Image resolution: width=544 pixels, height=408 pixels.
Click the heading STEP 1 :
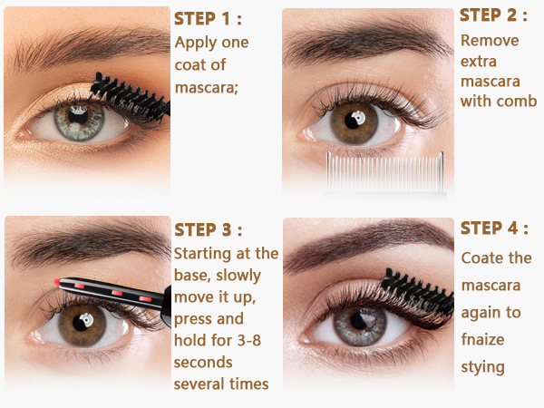tap(208, 19)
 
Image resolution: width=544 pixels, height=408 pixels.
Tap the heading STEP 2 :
tap(493, 15)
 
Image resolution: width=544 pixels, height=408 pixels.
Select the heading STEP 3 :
tap(209, 229)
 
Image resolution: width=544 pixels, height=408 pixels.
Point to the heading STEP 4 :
tap(494, 228)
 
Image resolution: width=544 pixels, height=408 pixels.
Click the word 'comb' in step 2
tap(517, 101)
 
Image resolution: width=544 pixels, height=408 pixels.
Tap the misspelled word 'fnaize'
tap(482, 339)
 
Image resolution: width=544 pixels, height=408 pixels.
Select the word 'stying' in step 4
tap(482, 367)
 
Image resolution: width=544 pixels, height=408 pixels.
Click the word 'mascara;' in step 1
tap(207, 88)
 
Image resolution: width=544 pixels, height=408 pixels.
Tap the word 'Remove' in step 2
tap(490, 41)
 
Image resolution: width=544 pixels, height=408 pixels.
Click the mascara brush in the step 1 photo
tap(130, 96)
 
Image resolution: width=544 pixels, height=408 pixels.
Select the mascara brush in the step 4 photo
tap(416, 293)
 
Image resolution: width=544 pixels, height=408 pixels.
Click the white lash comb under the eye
tap(385, 171)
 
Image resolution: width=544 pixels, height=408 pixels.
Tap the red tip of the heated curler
tap(56, 282)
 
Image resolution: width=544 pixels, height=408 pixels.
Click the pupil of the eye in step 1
tap(78, 115)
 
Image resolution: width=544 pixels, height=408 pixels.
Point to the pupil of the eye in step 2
tap(353, 121)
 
